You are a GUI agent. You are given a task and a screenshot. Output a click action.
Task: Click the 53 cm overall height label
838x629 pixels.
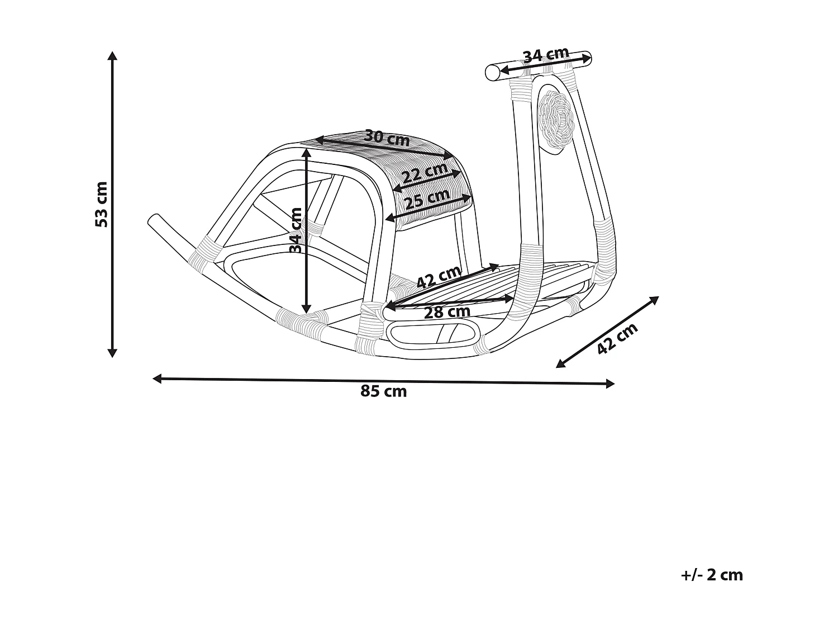click(x=102, y=204)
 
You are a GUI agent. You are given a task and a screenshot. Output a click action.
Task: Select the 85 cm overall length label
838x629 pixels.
click(x=384, y=391)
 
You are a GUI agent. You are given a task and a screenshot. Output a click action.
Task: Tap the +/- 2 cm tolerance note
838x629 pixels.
click(x=712, y=575)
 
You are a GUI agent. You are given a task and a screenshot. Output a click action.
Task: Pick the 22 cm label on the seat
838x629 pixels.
click(x=425, y=173)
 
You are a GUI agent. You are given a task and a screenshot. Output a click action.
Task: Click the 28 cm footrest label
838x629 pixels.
click(x=447, y=312)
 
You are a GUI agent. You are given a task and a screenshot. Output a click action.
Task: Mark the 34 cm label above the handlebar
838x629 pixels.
click(x=545, y=55)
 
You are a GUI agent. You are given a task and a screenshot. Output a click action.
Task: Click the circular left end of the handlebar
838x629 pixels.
click(x=492, y=73)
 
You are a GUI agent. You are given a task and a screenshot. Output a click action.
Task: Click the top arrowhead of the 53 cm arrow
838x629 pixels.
click(x=112, y=55)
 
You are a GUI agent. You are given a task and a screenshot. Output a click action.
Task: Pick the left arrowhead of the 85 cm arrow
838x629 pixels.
click(x=157, y=379)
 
